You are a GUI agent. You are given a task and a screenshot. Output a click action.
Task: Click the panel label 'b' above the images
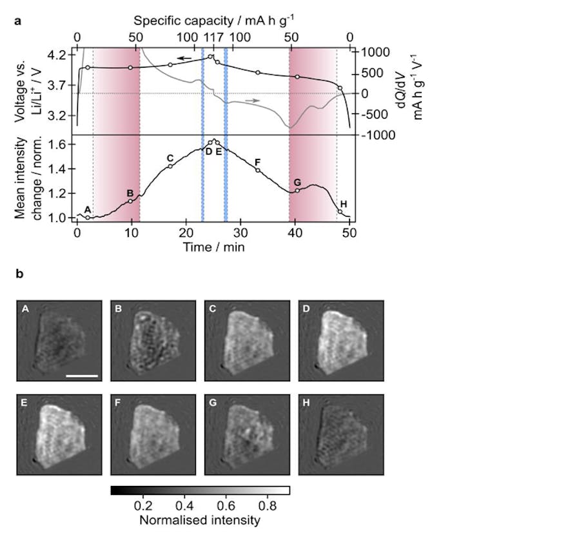click(18, 274)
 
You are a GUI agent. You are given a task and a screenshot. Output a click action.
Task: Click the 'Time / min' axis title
click(213, 247)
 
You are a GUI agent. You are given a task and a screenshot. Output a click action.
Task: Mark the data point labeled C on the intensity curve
click(170, 166)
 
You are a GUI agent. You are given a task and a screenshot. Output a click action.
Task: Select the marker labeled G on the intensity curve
click(297, 190)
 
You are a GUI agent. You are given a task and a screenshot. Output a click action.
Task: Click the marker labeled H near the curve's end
click(340, 212)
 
